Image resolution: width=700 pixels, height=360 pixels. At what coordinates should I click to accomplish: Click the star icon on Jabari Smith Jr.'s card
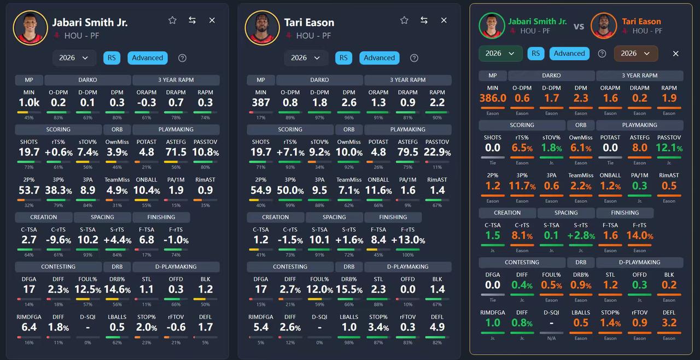tap(172, 20)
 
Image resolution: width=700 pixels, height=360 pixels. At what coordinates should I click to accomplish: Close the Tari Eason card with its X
tap(444, 20)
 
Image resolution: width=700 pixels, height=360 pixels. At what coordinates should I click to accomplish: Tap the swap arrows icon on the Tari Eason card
tap(424, 20)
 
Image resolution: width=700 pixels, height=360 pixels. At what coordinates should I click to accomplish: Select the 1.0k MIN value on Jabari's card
tap(29, 102)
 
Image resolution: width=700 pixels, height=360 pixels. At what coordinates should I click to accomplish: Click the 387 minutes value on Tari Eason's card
tap(261, 102)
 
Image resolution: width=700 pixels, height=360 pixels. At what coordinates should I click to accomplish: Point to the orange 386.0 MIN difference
tap(493, 98)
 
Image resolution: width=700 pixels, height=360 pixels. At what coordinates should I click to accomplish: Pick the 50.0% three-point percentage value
tap(290, 190)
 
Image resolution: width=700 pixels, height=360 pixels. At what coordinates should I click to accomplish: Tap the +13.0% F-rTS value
tap(408, 240)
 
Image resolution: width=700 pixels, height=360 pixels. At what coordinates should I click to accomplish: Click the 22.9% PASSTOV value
tap(437, 152)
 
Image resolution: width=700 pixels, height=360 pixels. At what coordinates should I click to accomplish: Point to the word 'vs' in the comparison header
tap(579, 26)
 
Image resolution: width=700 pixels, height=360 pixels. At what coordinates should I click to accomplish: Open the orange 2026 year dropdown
tap(635, 54)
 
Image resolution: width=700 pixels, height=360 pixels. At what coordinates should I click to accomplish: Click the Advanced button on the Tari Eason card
tap(379, 58)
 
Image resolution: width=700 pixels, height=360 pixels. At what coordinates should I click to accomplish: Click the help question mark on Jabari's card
tap(183, 58)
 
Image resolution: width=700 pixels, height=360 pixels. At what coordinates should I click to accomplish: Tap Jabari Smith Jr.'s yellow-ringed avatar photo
tap(30, 27)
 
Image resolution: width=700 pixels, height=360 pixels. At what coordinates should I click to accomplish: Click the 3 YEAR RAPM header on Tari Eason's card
tap(407, 80)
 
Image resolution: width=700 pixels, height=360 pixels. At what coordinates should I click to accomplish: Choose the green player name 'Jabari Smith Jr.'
tap(538, 21)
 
